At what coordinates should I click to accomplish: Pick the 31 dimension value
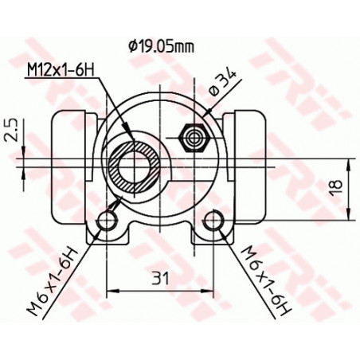pyautogui.click(x=161, y=278)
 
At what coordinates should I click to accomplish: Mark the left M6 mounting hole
pyautogui.click(x=107, y=221)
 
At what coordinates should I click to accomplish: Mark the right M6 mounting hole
pyautogui.click(x=214, y=221)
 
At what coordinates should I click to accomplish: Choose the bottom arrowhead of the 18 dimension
pyautogui.click(x=349, y=216)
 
